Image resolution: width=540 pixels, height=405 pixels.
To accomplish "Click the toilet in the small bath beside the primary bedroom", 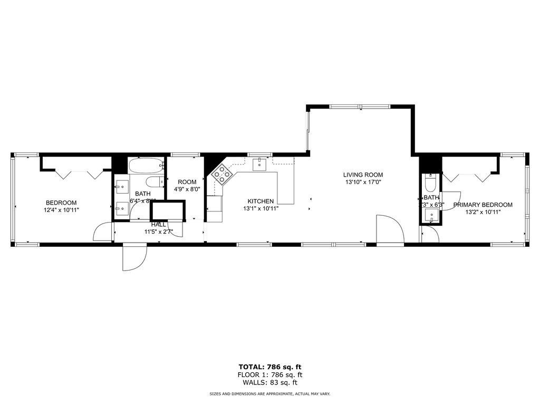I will pyautogui.click(x=430, y=184).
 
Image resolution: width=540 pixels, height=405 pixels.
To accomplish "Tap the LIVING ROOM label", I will pyautogui.click(x=363, y=175).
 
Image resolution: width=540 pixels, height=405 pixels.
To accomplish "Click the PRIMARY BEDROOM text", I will pyautogui.click(x=483, y=205).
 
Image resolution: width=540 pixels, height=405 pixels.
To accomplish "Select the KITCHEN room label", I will pyautogui.click(x=261, y=201).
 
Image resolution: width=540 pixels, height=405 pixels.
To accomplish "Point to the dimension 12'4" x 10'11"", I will pyautogui.click(x=61, y=210).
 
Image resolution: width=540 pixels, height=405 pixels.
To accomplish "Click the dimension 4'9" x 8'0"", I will pyautogui.click(x=187, y=189).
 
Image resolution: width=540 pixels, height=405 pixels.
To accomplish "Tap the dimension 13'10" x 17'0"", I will pyautogui.click(x=363, y=182).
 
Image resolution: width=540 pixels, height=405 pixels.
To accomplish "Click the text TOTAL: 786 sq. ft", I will pyautogui.click(x=270, y=367).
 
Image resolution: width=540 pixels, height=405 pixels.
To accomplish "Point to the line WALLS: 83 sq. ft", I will pyautogui.click(x=270, y=382).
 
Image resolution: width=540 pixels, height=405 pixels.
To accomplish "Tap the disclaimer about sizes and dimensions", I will pyautogui.click(x=270, y=394).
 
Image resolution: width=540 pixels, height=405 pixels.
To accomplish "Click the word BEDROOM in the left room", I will pyautogui.click(x=61, y=202).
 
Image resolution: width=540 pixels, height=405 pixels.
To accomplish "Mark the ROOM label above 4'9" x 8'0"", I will pyautogui.click(x=187, y=182).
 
